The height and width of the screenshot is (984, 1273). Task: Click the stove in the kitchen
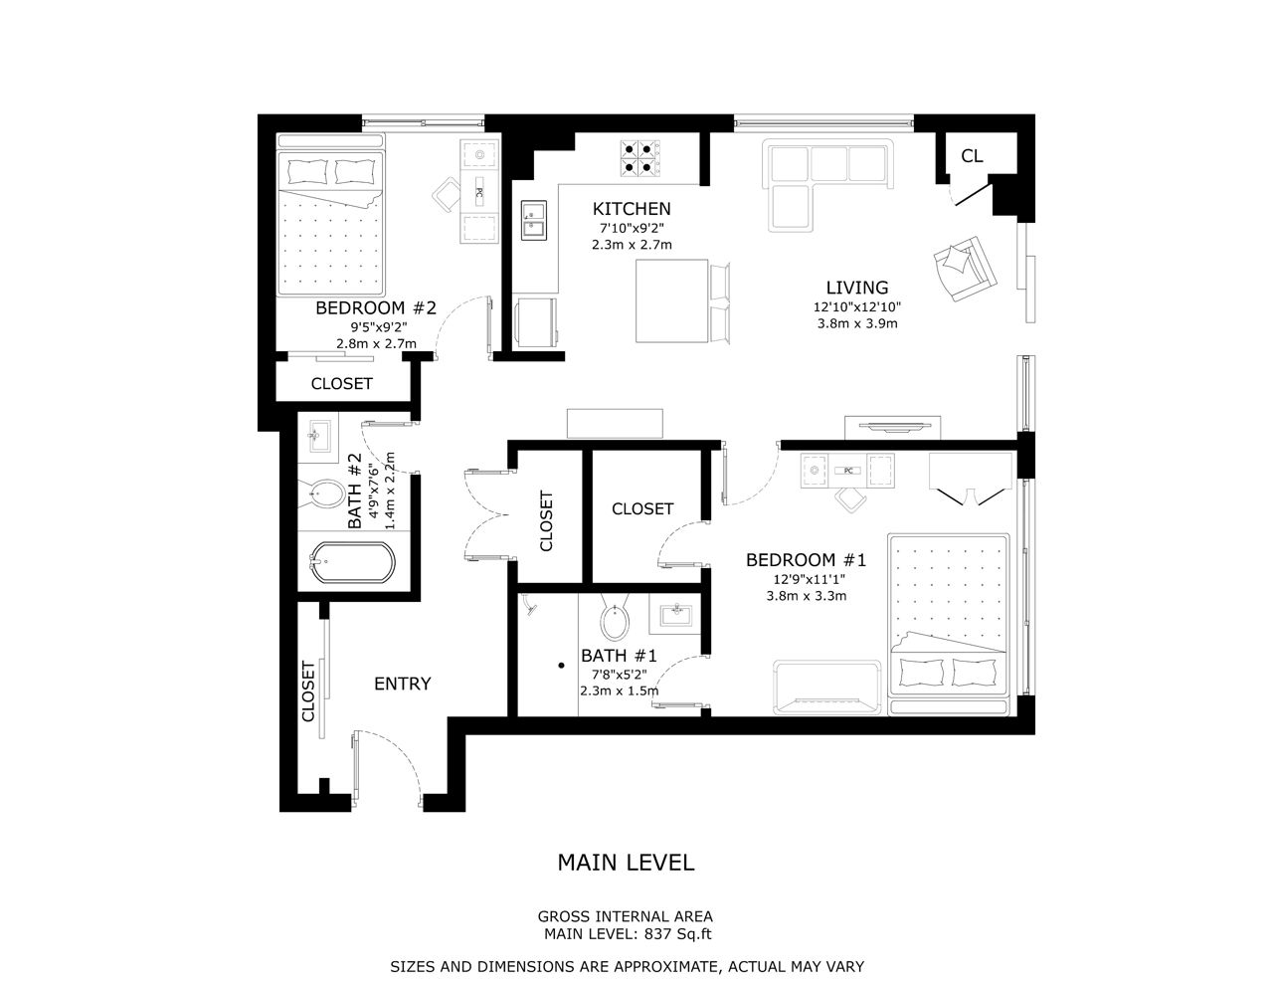(x=640, y=158)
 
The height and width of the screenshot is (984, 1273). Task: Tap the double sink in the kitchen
(x=534, y=220)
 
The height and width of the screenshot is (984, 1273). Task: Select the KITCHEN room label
(x=632, y=209)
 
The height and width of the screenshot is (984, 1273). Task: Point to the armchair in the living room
(x=965, y=269)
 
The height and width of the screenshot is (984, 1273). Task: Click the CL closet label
(x=972, y=156)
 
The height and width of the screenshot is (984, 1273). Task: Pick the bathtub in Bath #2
(x=353, y=562)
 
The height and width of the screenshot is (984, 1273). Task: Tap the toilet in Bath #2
(x=322, y=494)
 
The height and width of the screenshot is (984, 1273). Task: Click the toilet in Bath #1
(x=615, y=618)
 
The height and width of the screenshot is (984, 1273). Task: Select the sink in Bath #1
(x=676, y=615)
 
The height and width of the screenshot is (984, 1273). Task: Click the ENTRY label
(x=403, y=684)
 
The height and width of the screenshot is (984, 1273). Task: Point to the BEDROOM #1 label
(x=806, y=560)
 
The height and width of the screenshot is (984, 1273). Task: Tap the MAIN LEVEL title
(x=626, y=863)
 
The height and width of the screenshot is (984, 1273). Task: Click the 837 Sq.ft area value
(x=678, y=934)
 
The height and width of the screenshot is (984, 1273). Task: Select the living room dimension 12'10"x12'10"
(x=857, y=306)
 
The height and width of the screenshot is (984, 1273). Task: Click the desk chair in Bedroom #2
(x=447, y=194)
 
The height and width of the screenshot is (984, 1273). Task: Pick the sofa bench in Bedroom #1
(x=827, y=688)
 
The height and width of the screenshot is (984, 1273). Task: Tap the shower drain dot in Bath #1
(x=561, y=666)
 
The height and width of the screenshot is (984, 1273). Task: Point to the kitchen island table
(x=672, y=300)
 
